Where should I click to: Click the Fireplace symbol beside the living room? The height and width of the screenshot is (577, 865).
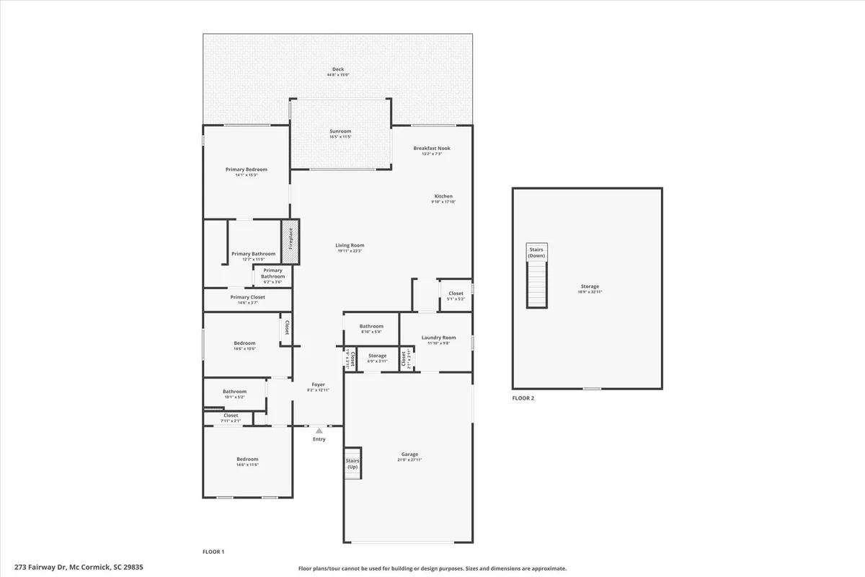click(290, 238)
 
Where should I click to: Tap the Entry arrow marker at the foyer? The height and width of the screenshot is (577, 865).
click(319, 431)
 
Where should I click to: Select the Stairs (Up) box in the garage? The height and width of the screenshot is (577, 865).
click(352, 464)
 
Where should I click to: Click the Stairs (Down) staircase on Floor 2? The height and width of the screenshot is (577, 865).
click(536, 276)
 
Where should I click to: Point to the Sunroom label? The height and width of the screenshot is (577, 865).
click(340, 131)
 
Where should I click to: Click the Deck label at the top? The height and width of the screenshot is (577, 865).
click(338, 69)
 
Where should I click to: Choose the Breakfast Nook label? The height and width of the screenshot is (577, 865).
click(432, 148)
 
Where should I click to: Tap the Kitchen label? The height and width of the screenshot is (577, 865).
click(443, 196)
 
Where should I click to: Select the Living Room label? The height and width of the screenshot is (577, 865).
click(350, 245)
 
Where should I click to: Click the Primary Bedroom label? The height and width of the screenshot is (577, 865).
click(246, 169)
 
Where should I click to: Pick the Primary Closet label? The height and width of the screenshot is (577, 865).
click(247, 297)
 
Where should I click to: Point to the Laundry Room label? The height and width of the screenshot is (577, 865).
click(438, 338)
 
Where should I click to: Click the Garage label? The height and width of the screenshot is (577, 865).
click(409, 454)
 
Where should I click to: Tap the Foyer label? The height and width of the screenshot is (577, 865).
click(318, 384)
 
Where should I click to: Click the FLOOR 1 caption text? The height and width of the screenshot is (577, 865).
click(213, 552)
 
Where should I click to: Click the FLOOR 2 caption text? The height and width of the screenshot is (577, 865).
click(523, 398)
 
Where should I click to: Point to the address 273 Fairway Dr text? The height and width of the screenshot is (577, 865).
click(71, 568)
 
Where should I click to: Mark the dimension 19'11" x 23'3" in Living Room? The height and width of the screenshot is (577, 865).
click(350, 251)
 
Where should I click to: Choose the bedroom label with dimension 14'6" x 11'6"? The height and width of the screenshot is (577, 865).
click(247, 459)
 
